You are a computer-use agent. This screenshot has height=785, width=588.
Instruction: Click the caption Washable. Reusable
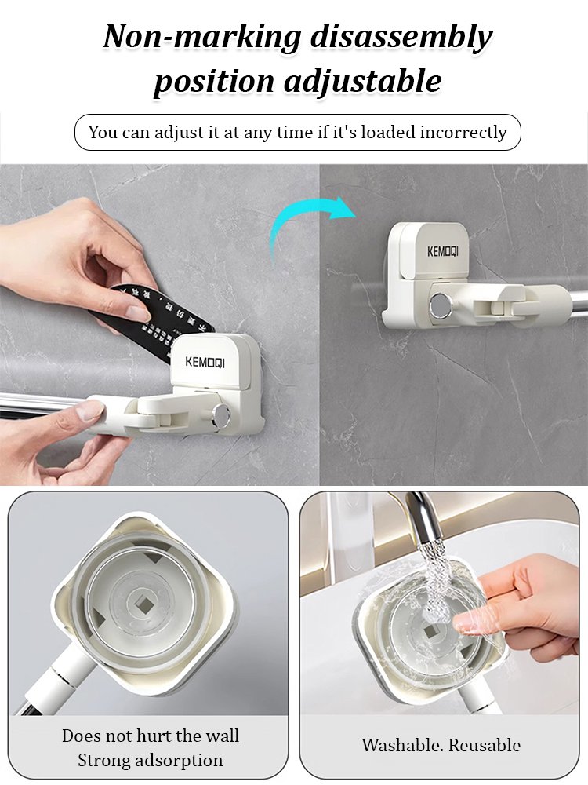tap(441, 745)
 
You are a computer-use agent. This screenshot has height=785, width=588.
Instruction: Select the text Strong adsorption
tap(150, 760)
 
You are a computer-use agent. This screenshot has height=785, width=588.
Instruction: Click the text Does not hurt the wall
tap(150, 736)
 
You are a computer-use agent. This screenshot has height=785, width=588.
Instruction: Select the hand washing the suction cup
tap(525, 604)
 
